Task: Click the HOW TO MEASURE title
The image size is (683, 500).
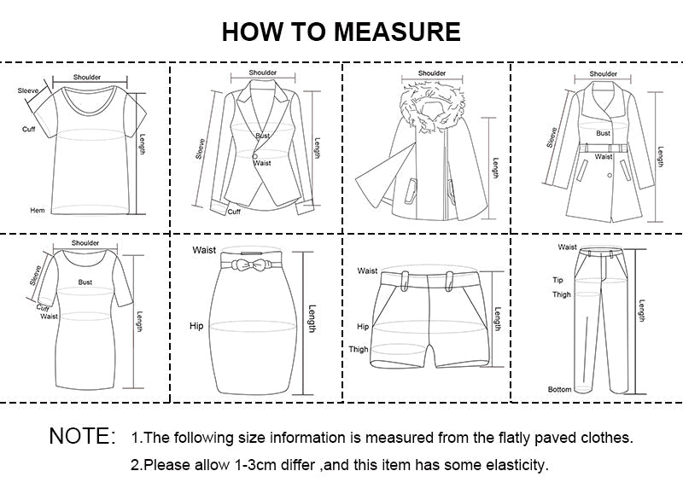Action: [x=341, y=32]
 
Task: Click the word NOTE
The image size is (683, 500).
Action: [x=82, y=437]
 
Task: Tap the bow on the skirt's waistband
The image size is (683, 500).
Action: [x=244, y=262]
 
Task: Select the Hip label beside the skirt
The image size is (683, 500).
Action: [x=196, y=326]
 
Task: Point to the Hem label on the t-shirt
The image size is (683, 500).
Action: [x=37, y=210]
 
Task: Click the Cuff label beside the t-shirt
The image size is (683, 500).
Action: [x=28, y=129]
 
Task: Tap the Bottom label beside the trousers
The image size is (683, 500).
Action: [x=559, y=389]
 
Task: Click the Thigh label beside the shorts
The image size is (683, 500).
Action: [x=359, y=349]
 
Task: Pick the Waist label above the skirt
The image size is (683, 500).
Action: [x=203, y=250]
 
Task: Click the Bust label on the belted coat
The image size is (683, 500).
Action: [x=603, y=133]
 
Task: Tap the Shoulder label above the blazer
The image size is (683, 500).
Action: [x=263, y=73]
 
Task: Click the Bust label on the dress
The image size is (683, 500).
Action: [x=85, y=282]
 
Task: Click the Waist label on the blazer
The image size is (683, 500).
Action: [x=262, y=162]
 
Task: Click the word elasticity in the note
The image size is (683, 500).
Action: [x=512, y=465]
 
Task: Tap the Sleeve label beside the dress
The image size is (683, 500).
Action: [x=37, y=276]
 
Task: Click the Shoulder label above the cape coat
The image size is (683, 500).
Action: [x=432, y=73]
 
